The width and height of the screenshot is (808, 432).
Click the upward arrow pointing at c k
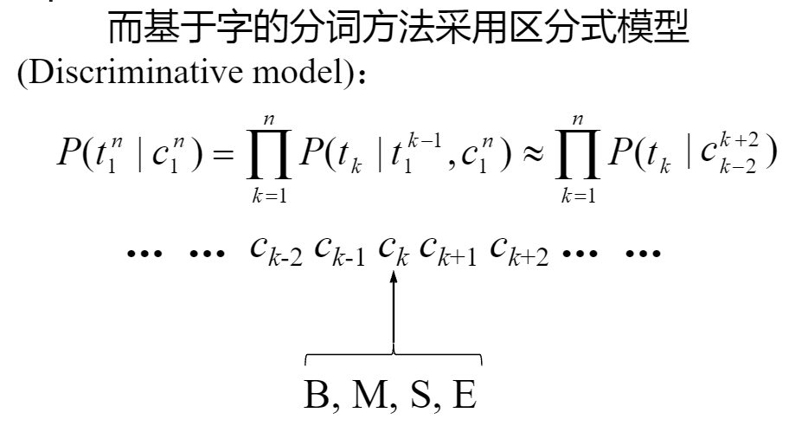pos(394,312)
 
